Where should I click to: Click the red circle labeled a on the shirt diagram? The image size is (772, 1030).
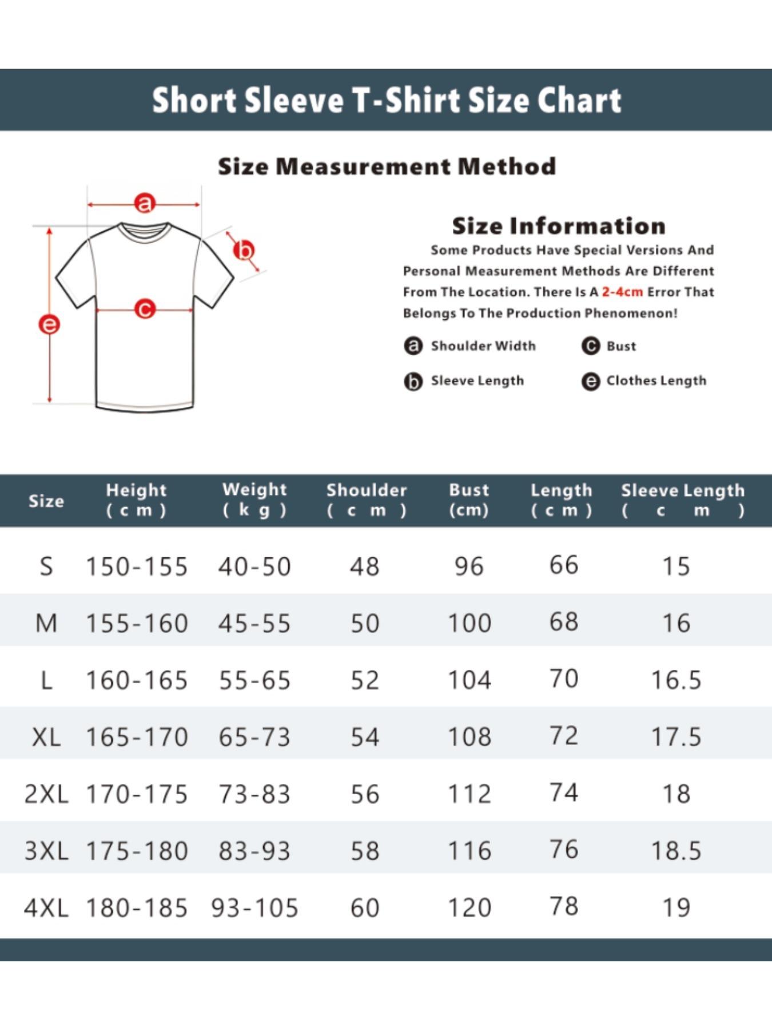(x=145, y=203)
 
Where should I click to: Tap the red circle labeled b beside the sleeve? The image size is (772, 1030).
(x=244, y=251)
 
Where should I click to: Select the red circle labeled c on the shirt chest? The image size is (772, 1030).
(x=145, y=310)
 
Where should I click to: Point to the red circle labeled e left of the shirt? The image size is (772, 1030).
(x=49, y=324)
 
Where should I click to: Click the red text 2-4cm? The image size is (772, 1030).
(x=622, y=292)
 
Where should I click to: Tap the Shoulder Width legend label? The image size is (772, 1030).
(x=483, y=346)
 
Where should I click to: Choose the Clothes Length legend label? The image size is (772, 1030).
(x=656, y=381)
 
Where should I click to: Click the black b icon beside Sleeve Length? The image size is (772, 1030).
(x=413, y=381)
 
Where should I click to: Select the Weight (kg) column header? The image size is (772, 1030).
(x=254, y=500)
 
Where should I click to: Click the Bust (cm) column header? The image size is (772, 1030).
(x=469, y=500)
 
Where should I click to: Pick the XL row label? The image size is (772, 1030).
(x=46, y=737)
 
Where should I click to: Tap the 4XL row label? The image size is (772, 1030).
(x=46, y=908)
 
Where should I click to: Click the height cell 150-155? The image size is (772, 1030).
(x=137, y=566)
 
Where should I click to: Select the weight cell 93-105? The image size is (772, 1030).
(x=254, y=908)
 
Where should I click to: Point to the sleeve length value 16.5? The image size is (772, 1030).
(x=676, y=680)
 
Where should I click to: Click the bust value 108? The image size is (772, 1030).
(x=469, y=737)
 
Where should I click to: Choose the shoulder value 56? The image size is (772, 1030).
(x=365, y=794)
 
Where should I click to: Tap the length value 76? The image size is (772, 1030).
(x=564, y=849)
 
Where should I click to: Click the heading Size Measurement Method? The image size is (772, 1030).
(x=387, y=167)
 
